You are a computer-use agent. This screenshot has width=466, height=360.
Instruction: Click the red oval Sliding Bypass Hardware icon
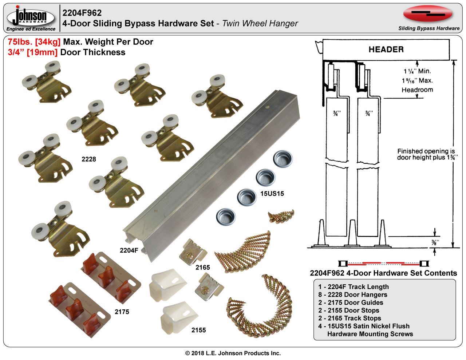pyautogui.click(x=428, y=14)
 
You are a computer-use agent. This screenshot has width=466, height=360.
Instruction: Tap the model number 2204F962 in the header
pyautogui.click(x=82, y=13)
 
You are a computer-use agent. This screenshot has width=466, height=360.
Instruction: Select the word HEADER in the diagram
pyautogui.click(x=386, y=50)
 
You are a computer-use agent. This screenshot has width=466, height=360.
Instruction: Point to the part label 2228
pyautogui.click(x=88, y=159)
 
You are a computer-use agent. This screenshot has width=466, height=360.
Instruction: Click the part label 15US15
pyautogui.click(x=272, y=194)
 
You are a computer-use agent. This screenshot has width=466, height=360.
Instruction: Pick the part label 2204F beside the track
pyautogui.click(x=129, y=250)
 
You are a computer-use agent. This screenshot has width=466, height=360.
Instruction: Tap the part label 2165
pyautogui.click(x=202, y=268)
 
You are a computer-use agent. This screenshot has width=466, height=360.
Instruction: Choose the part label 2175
pyautogui.click(x=122, y=312)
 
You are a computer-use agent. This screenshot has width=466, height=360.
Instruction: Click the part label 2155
pyautogui.click(x=198, y=330)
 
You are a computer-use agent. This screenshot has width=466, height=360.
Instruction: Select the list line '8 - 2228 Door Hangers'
pyautogui.click(x=352, y=294)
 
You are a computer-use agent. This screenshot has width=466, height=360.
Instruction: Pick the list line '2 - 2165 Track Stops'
pyautogui.click(x=349, y=318)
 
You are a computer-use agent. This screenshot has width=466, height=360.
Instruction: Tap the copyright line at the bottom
pyautogui.click(x=233, y=353)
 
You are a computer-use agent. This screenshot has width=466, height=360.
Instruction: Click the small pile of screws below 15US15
pyautogui.click(x=281, y=216)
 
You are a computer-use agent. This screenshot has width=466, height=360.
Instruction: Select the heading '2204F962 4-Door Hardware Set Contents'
pyautogui.click(x=383, y=273)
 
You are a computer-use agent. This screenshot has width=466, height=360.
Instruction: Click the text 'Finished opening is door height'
pyautogui.click(x=426, y=154)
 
